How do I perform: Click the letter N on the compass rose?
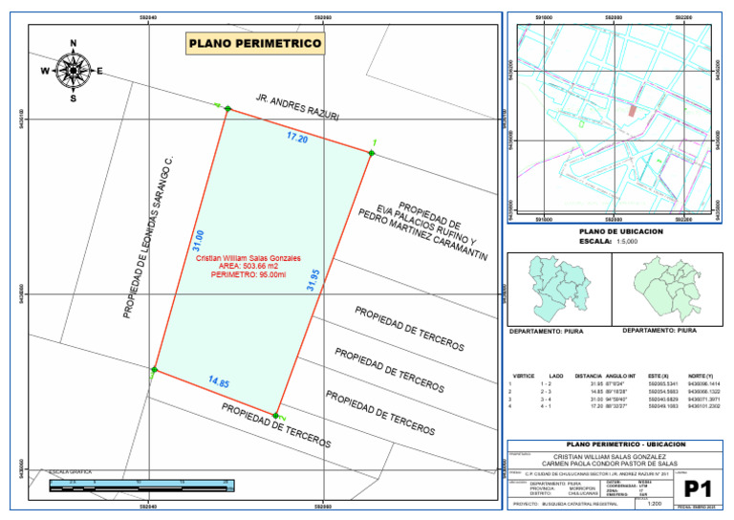74,43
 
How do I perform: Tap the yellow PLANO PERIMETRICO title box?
255,44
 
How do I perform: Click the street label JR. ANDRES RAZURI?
297,106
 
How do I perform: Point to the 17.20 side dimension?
297,138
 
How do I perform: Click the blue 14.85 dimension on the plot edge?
219,382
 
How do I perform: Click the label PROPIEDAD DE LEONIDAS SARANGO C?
146,235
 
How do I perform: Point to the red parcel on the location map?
631,111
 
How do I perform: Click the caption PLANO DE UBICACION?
621,232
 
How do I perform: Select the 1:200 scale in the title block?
655,503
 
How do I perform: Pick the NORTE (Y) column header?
701,377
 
